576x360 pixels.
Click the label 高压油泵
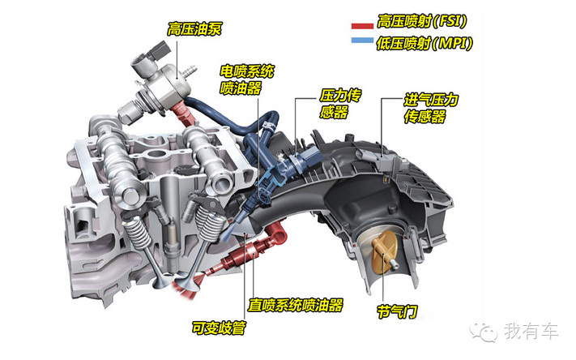(x=194, y=29)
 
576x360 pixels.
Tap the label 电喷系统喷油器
(x=247, y=79)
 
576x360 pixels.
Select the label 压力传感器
(x=340, y=104)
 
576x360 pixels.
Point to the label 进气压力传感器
(x=431, y=108)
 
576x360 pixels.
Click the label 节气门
(x=397, y=312)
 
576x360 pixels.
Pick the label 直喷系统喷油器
(x=296, y=305)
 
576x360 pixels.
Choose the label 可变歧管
(x=219, y=328)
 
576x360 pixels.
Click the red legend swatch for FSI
(x=362, y=26)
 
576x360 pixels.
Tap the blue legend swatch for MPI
(x=362, y=40)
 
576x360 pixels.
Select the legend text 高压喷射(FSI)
(x=422, y=21)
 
